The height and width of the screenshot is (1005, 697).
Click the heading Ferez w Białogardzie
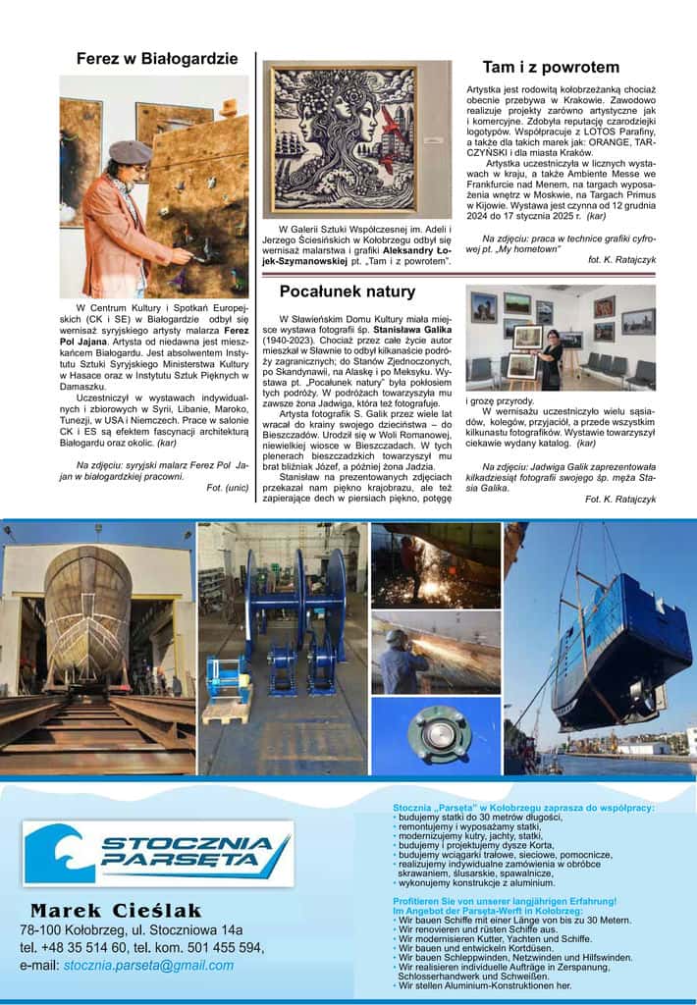[x=157, y=58]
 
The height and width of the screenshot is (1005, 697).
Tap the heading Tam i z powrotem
[x=551, y=67]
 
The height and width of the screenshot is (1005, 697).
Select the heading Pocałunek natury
[x=347, y=291]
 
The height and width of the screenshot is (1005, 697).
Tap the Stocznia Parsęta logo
[x=158, y=853]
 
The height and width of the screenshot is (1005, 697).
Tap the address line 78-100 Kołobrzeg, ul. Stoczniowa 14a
[x=131, y=929]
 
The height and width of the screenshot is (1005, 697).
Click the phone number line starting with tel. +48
[x=142, y=947]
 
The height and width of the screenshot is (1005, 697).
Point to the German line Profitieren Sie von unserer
[x=505, y=901]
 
